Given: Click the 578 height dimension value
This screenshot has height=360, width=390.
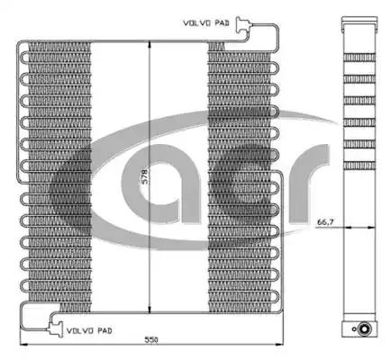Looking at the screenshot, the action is [144, 177].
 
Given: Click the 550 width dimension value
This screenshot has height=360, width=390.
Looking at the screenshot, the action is [151, 340].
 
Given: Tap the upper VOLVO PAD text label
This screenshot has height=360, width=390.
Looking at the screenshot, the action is [206, 22].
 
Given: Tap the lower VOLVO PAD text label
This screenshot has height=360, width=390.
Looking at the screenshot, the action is [89, 330].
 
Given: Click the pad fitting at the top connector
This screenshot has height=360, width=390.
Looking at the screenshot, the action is [242, 25].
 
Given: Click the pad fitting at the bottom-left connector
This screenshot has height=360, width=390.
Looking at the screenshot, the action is [56, 329].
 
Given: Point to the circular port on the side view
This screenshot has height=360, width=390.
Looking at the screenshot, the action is [364, 328].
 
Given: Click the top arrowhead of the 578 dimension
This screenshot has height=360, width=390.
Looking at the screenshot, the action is [150, 45].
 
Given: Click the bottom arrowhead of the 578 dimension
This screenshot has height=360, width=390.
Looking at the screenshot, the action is [150, 310].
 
